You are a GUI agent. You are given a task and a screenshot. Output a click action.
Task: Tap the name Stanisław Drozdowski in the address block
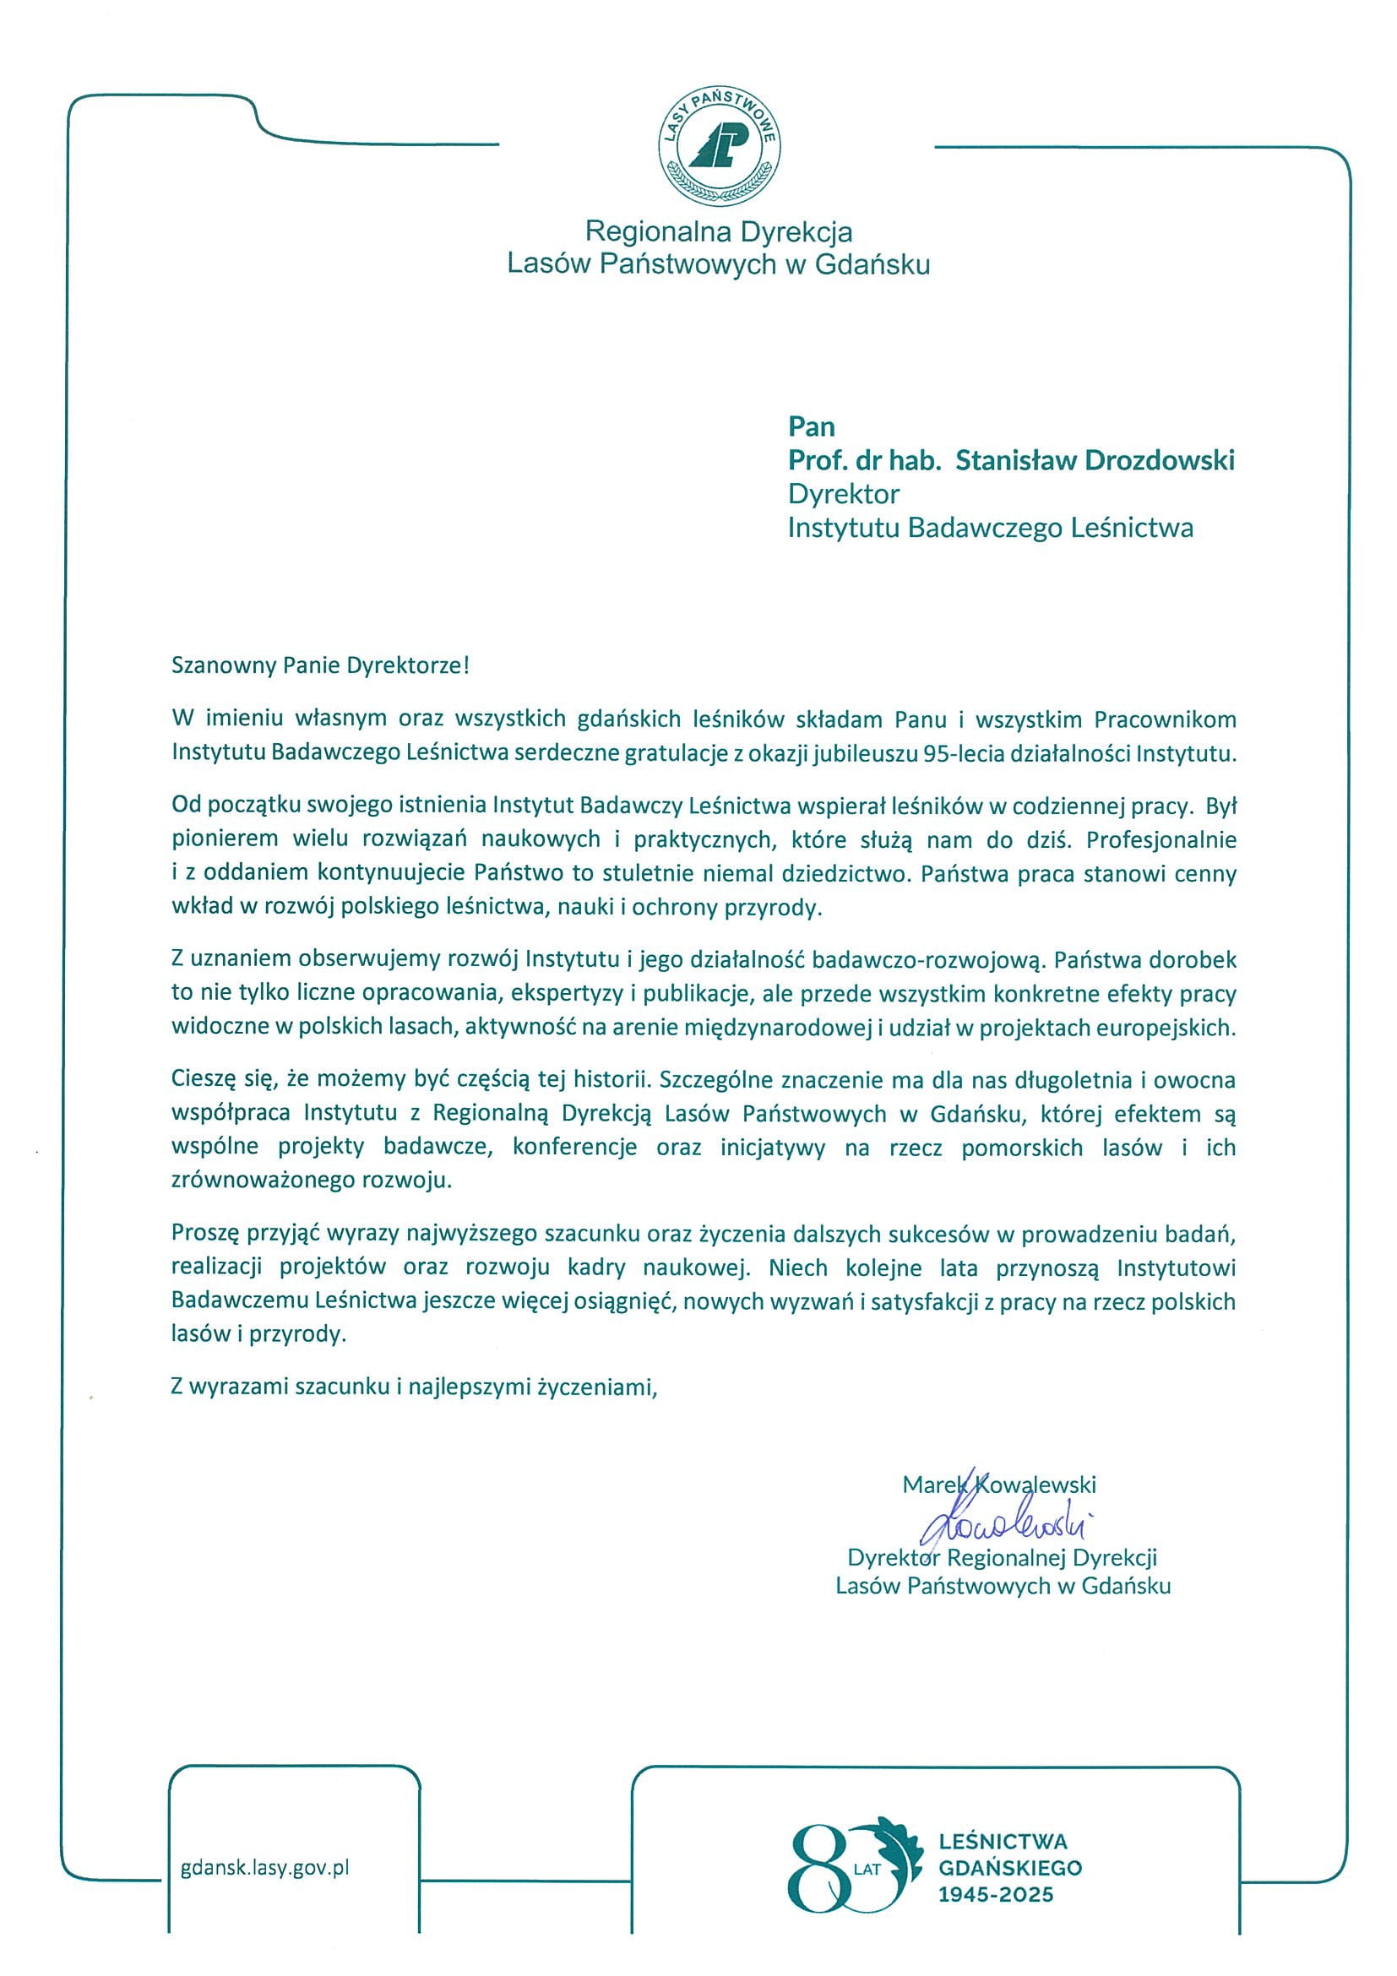click(1095, 460)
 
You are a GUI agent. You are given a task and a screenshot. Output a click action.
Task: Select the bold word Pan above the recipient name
click(811, 427)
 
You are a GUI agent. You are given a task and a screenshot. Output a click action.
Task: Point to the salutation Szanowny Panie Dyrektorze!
click(320, 665)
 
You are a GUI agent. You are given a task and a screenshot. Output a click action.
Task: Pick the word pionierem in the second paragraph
click(225, 839)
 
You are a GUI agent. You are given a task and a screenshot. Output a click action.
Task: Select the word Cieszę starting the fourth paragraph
click(198, 1080)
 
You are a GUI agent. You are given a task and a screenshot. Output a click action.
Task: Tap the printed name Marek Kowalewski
click(998, 1485)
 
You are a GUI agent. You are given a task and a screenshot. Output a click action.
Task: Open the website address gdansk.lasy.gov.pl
click(265, 1868)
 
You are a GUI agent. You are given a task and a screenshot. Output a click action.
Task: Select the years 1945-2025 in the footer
click(995, 1894)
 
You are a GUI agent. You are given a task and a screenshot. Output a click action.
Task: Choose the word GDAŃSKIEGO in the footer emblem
click(1009, 1868)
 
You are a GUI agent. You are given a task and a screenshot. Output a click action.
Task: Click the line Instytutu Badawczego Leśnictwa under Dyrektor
click(990, 528)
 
